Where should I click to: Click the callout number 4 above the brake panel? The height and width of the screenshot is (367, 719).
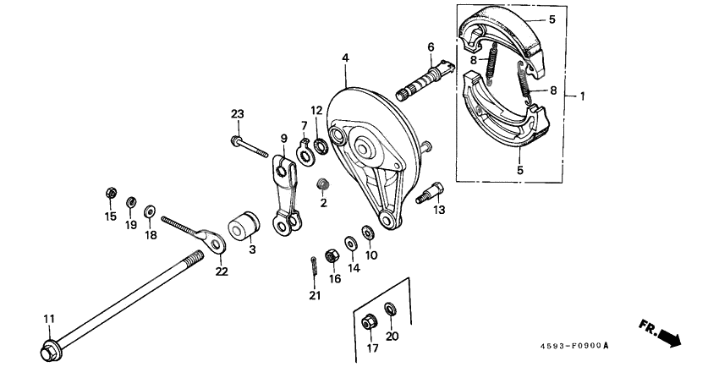(345, 57)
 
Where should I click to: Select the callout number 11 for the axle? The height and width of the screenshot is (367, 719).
(49, 318)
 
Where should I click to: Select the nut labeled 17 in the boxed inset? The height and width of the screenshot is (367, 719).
(369, 322)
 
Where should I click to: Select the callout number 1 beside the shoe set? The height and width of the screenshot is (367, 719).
(582, 96)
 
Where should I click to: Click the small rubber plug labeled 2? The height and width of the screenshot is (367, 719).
(322, 183)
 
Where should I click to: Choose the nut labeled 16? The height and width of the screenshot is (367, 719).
(333, 253)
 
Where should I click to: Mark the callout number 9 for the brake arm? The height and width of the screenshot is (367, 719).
(284, 139)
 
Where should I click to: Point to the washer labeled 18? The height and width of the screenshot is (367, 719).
(150, 210)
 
